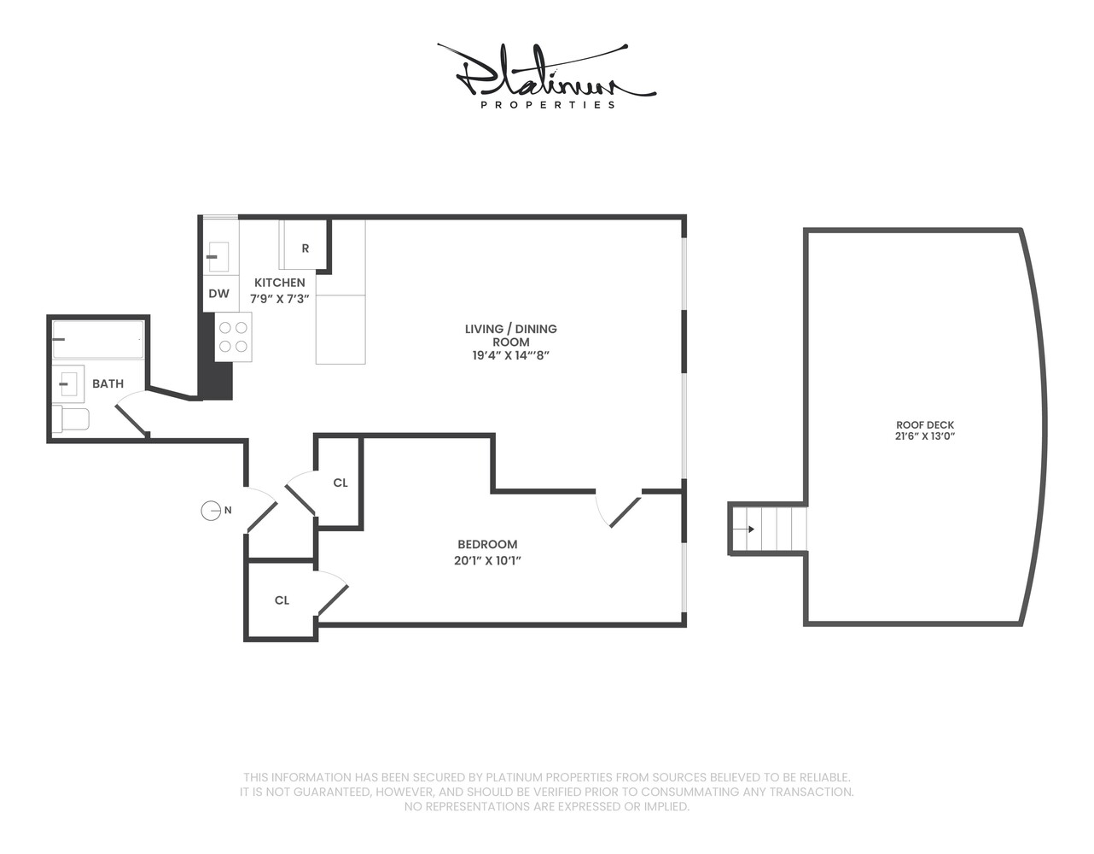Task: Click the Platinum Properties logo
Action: point(546,77)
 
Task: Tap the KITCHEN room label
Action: point(279,283)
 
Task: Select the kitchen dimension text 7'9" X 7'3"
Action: point(279,299)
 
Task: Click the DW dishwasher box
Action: point(219,294)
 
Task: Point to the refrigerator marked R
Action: point(305,248)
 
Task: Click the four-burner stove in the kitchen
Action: point(233,336)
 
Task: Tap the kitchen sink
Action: point(218,256)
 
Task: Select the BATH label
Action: point(108,383)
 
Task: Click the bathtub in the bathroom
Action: point(97,340)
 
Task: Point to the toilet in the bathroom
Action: point(72,419)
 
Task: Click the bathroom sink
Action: point(68,384)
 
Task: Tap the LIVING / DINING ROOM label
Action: point(510,335)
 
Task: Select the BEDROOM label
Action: point(487,544)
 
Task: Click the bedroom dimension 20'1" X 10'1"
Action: point(487,561)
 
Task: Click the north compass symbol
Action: point(211,511)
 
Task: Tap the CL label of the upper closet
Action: point(340,483)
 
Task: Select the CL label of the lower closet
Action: point(282,600)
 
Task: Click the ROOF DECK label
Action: point(925,424)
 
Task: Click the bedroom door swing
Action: point(618,511)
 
